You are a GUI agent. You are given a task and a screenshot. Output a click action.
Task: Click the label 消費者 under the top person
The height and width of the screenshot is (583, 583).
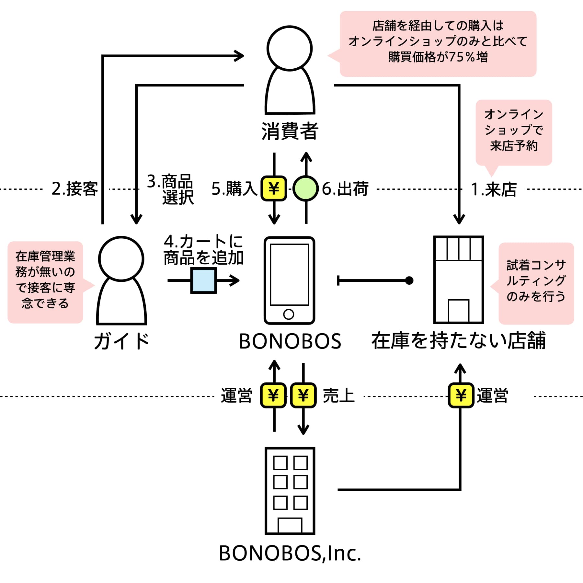290,131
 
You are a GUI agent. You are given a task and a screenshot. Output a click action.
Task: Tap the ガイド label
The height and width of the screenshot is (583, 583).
122,341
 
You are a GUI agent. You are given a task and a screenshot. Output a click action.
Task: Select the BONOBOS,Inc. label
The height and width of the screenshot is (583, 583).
290,553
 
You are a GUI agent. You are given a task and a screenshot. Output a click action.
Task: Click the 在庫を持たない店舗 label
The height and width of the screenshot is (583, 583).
459,341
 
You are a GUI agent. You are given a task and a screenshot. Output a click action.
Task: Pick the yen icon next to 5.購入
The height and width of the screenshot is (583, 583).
274,189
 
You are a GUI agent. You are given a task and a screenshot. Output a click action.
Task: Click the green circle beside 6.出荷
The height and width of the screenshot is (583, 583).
306,189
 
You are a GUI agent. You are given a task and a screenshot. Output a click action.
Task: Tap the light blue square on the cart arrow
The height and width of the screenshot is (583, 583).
203,280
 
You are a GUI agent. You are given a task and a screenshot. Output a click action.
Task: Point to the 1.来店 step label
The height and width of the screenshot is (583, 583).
494,189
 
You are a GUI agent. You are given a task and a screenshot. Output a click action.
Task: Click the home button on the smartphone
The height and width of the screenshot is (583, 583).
289,314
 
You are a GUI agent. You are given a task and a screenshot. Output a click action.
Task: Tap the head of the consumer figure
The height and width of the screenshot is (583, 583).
290,48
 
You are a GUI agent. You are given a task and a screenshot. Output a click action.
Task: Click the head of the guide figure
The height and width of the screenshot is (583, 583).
121,259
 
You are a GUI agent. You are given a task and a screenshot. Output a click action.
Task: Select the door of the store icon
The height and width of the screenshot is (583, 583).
459,311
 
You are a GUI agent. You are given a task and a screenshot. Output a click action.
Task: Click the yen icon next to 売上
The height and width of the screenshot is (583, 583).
303,395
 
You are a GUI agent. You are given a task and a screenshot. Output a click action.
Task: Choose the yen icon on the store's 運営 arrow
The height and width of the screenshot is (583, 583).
461,395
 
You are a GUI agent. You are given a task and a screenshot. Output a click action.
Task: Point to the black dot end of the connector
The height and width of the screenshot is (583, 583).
409,280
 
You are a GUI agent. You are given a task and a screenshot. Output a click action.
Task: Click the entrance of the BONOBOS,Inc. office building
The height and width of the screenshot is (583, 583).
290,525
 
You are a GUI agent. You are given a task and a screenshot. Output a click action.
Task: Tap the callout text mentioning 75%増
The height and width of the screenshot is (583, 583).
438,41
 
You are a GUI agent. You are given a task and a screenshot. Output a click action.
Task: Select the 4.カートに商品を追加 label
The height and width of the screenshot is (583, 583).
203,250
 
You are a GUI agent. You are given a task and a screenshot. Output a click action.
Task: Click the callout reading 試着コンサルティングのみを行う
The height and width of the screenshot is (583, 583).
536,281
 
